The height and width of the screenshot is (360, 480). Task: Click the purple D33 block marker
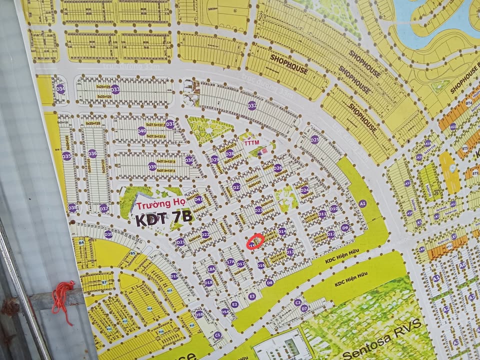[x=115, y=89]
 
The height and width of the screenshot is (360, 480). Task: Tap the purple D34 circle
[x=60, y=88]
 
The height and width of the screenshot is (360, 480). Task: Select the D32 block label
[x=252, y=105]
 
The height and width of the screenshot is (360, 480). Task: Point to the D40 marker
[x=142, y=131]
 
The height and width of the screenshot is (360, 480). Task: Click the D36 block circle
[x=92, y=153]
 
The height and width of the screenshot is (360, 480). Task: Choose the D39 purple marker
[x=152, y=166]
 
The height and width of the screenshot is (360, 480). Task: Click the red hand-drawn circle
[x=255, y=241]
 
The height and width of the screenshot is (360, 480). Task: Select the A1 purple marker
[x=363, y=203]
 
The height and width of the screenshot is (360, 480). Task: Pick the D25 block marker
[x=314, y=139]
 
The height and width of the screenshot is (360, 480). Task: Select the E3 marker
[x=252, y=296]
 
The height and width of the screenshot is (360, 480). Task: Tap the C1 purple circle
[x=217, y=335]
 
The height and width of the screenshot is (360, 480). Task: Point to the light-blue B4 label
[x=81, y=242]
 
